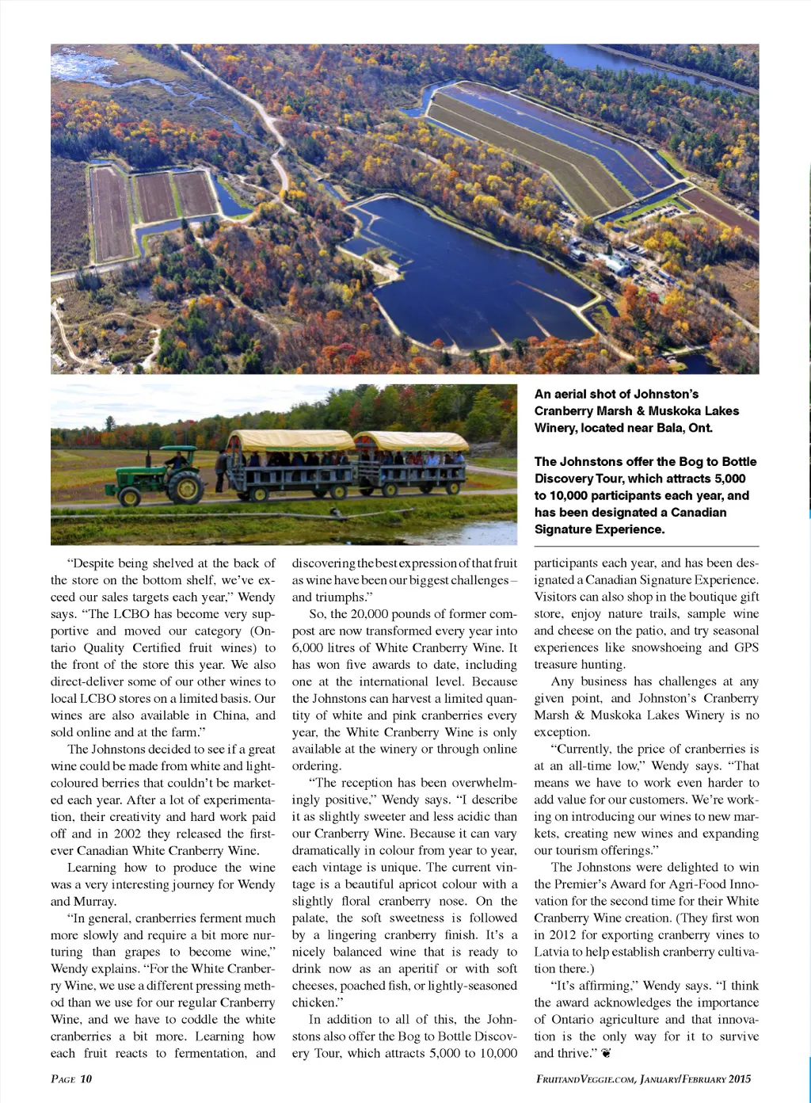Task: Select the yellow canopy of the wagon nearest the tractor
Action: pos(290,440)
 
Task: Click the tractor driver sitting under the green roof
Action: pos(177,459)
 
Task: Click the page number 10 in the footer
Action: pos(86,1078)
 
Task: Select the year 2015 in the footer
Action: pos(738,1078)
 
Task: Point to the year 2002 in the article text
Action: pos(128,834)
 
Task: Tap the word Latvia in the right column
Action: pos(552,952)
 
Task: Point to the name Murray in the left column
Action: pos(93,901)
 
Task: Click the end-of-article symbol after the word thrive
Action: pos(607,1053)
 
